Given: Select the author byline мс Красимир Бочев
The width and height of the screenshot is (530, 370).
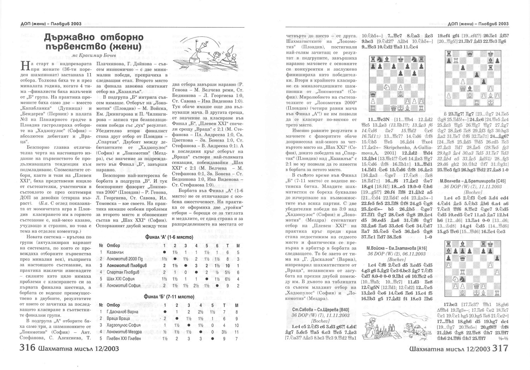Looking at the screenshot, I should tap(93, 55).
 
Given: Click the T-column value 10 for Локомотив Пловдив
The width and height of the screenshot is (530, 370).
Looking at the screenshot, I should tap(228, 265).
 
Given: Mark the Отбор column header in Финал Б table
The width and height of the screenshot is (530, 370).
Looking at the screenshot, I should tap(113, 305).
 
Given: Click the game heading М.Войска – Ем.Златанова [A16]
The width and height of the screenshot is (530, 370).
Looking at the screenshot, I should tap(396, 248).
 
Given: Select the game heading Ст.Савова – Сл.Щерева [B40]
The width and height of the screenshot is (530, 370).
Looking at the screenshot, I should tap(320, 309).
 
